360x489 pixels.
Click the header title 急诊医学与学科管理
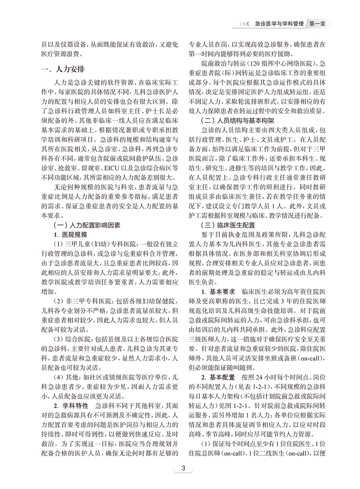279,24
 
